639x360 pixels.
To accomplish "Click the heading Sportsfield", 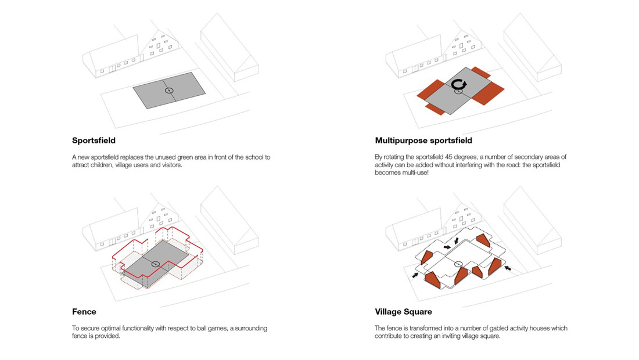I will click(94, 141).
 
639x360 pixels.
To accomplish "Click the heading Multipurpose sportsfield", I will click(423, 141).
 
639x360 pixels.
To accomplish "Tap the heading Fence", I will click(84, 312).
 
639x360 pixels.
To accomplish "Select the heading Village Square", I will click(404, 312).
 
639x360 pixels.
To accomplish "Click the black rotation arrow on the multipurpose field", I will click(459, 85).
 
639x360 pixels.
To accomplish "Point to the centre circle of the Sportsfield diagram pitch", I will click(168, 90).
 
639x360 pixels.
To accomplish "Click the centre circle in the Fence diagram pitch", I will click(156, 264).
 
